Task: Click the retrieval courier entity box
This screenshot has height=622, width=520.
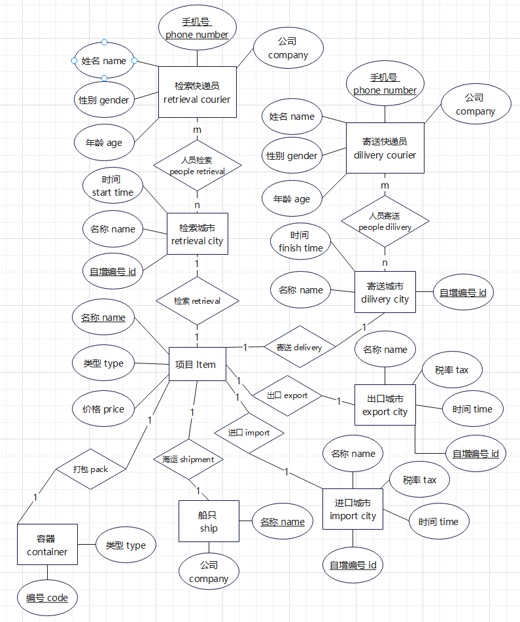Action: pos(197,92)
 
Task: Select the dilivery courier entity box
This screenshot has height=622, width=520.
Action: pos(385,148)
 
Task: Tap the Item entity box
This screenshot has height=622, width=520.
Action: pos(197,365)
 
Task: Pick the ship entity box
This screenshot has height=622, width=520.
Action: pos(209,521)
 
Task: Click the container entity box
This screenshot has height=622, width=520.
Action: pos(47,545)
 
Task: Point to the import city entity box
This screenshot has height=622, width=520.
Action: pos(353,509)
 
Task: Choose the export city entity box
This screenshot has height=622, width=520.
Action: pos(385,405)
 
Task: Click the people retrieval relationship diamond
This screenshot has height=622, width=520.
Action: pos(197,165)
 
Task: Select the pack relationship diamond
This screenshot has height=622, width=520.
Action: pos(90,469)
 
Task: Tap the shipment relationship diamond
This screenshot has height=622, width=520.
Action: pos(188,459)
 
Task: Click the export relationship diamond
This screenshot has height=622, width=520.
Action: pos(287,395)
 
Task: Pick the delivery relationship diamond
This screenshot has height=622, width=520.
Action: pos(299,348)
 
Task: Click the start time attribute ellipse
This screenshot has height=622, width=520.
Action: pos(113,186)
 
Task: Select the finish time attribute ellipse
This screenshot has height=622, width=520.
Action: pos(300,242)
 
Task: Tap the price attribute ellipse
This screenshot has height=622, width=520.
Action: pos(103,409)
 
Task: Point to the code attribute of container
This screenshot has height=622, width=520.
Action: pos(47,598)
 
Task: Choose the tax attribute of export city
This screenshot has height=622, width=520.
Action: pos(452,371)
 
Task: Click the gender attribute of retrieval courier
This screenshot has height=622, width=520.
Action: pos(105,100)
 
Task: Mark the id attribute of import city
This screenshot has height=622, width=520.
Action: pos(353,565)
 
